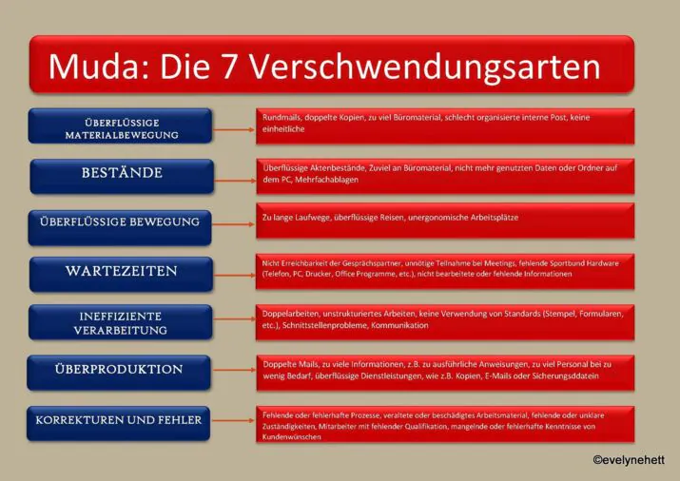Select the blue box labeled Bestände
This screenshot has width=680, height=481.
(120, 174)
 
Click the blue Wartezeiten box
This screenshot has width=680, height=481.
(120, 272)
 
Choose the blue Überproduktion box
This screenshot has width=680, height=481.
(120, 369)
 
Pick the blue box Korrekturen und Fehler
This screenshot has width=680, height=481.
(120, 419)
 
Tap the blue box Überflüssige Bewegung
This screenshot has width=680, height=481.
(120, 222)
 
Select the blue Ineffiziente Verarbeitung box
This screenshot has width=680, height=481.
(120, 321)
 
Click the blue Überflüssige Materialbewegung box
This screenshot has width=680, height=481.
(120, 126)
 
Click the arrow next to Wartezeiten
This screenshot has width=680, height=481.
(233, 274)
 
